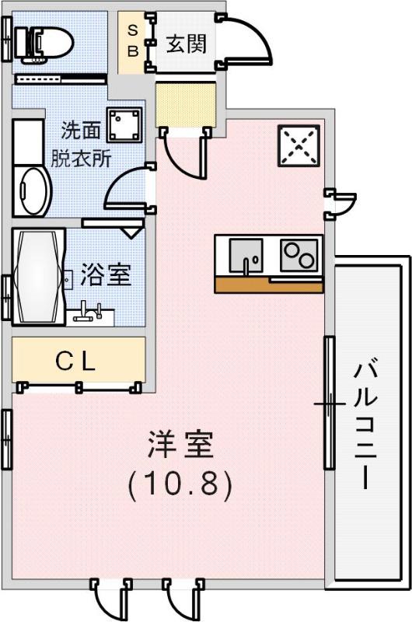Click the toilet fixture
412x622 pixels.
pyautogui.click(x=44, y=44)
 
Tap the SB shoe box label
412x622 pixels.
pyautogui.click(x=133, y=41)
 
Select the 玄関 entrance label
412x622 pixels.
pyautogui.click(x=187, y=44)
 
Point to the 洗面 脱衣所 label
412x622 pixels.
pyautogui.click(x=81, y=145)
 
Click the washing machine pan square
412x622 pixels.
pyautogui.click(x=124, y=124)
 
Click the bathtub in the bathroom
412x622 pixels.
pyautogui.click(x=38, y=277)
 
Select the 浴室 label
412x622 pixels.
pyautogui.click(x=106, y=274)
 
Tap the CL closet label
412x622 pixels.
pyautogui.click(x=75, y=362)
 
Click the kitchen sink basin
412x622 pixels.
pyautogui.click(x=246, y=256)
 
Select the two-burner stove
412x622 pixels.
pyautogui.click(x=299, y=256)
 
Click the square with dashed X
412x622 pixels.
pyautogui.click(x=299, y=145)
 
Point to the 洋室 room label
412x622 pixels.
pyautogui.click(x=181, y=445)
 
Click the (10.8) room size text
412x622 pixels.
pyautogui.click(x=180, y=484)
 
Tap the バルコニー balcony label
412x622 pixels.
pyautogui.click(x=365, y=425)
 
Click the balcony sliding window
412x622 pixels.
pyautogui.click(x=330, y=403)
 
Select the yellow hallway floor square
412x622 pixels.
pyautogui.click(x=186, y=104)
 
